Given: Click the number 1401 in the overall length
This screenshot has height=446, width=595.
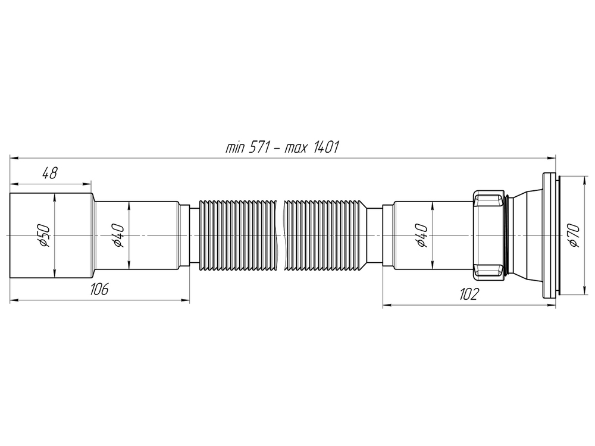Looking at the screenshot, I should pos(323,147).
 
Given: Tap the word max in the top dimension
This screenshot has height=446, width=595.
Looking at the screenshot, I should pos(293,147).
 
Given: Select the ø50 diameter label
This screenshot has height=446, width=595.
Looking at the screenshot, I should pos(44,235).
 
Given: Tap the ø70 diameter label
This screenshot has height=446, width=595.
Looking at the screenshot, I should pos(572,235).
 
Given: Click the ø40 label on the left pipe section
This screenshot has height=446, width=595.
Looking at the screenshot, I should pos(118,235).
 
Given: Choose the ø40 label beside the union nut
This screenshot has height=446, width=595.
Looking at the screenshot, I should pos(421,235).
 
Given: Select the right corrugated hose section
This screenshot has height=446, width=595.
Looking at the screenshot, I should pos(324,236).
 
